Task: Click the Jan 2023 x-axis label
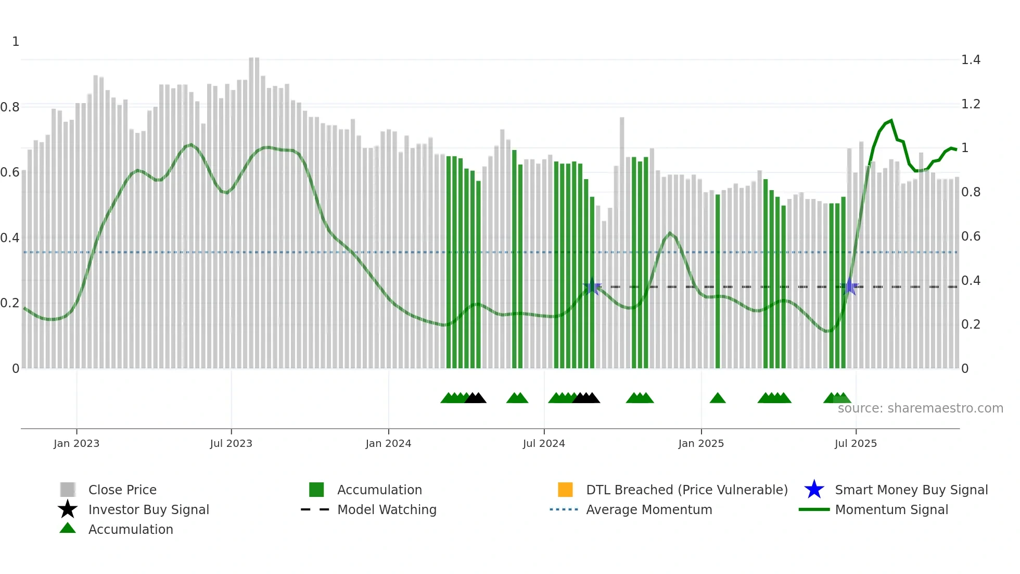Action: point(76,443)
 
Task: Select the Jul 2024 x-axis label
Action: point(543,443)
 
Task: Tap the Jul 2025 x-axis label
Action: point(855,443)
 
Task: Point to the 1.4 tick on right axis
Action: point(971,60)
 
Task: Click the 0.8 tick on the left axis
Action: point(10,107)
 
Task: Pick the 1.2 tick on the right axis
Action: point(971,104)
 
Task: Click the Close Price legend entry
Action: point(122,490)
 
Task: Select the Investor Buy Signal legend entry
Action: point(148,509)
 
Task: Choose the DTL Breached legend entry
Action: point(686,490)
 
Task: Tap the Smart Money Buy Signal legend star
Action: point(814,490)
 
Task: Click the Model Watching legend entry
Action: point(386,509)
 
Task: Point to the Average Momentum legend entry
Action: point(648,509)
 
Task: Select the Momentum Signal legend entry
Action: point(891,509)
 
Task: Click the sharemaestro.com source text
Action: point(920,408)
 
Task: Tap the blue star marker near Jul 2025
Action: point(849,286)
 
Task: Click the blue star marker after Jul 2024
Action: point(592,286)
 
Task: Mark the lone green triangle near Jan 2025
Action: point(717,398)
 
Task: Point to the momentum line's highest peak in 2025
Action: point(891,120)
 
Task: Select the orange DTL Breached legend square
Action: point(565,490)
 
